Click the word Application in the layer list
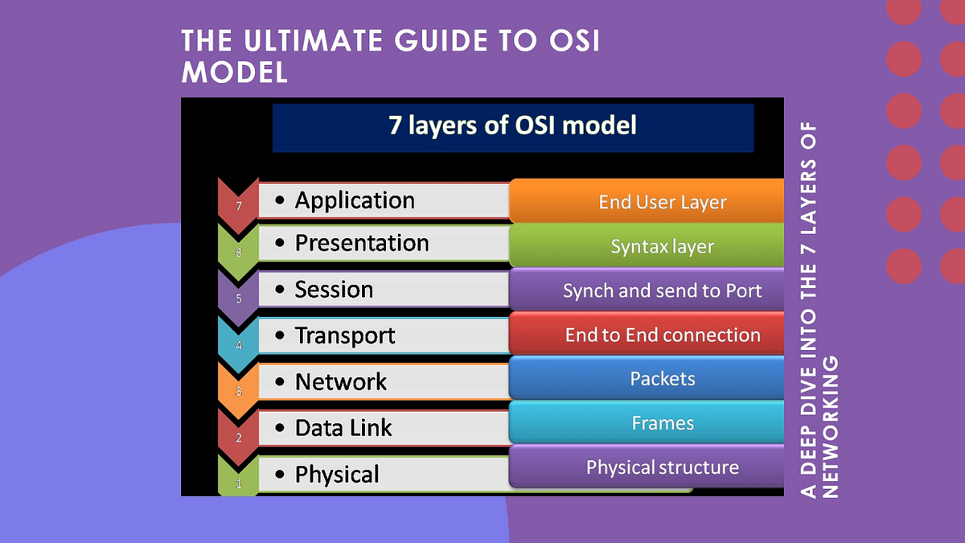[355, 200]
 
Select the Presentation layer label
[361, 243]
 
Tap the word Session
[334, 290]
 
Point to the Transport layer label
[345, 335]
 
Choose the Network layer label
[341, 382]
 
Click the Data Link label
[343, 428]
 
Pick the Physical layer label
[337, 475]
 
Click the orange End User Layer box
[662, 202]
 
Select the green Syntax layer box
[662, 246]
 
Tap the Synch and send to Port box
[662, 290]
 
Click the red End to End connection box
[662, 335]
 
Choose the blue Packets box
[662, 378]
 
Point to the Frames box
[662, 422]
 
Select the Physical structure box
[662, 467]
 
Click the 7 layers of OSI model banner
[512, 126]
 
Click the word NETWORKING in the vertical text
[831, 426]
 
